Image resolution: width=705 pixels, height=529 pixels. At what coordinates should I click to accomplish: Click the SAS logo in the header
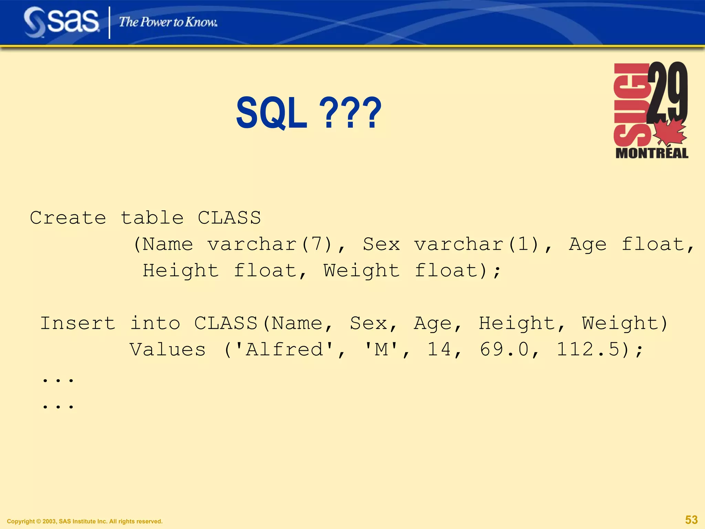coord(61,21)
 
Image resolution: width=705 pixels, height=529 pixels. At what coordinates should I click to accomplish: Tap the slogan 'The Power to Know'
coord(168,22)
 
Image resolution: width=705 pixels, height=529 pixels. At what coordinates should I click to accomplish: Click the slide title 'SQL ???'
coord(308,113)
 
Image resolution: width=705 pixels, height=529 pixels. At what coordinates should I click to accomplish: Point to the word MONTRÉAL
coord(652,153)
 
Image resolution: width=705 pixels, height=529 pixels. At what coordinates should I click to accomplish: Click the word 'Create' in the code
coord(68,218)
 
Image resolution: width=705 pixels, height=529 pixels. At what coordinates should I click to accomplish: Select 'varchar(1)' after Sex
coord(476,245)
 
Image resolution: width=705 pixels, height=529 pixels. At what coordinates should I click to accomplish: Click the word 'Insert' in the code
coord(78,323)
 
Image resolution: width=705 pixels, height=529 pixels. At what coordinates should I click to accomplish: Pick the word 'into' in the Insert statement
coord(155,323)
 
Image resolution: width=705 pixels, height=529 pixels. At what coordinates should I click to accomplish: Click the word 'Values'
coord(168,350)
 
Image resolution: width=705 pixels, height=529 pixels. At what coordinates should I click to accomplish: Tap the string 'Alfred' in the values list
coord(284,350)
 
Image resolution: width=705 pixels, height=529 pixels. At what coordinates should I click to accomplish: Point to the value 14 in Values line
coord(439,350)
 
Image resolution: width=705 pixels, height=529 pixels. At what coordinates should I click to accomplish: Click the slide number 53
coord(691,519)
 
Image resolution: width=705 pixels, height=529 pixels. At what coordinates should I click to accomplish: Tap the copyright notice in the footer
coord(85,521)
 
